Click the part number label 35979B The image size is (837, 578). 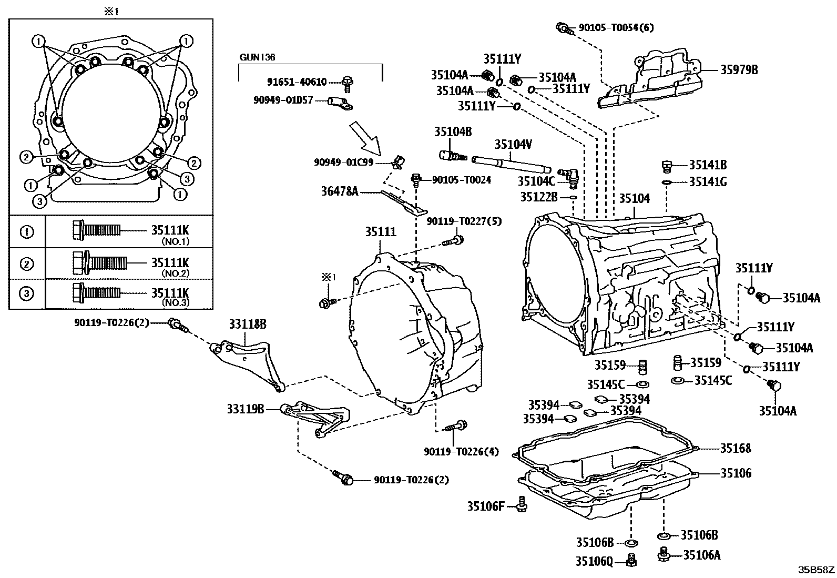coord(739,70)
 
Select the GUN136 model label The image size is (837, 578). coord(257,57)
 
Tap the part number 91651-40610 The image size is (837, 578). coord(297,82)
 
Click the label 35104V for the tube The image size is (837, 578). coord(514,144)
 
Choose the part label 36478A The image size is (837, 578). coord(340,191)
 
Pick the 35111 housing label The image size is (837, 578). coord(381,232)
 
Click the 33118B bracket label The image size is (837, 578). coord(248,324)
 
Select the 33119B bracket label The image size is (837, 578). coord(246,409)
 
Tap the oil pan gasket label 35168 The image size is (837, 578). coord(736,448)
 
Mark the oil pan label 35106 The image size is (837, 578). coord(736,473)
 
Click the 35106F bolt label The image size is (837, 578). coord(486,506)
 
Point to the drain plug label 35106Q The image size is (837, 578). coord(594,562)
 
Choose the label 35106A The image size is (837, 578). coord(702,555)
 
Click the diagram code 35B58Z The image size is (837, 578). coord(816,570)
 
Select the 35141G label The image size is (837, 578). coord(708,182)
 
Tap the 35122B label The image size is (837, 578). coord(539,197)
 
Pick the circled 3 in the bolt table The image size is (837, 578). coord(26,293)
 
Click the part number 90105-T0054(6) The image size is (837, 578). coord(616,28)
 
